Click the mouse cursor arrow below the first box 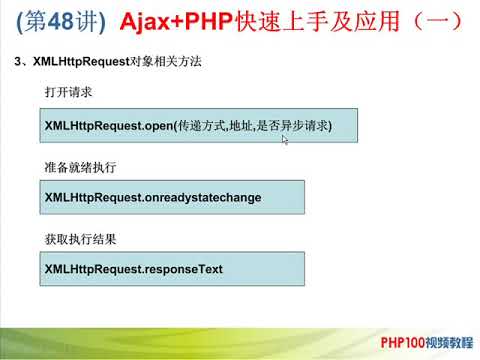point(285,141)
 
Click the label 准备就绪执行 point(81,166)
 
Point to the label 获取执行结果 point(81,239)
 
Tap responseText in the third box point(183,270)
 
